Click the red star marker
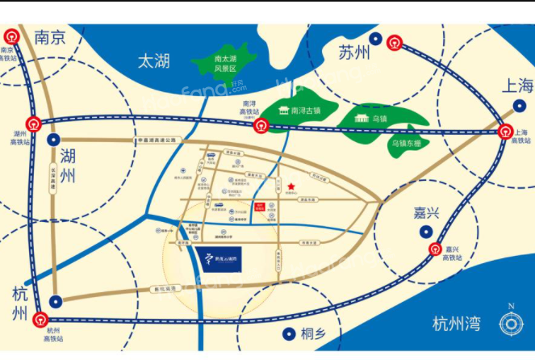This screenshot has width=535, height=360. tap(290, 189)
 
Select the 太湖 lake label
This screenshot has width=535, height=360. tap(155, 61)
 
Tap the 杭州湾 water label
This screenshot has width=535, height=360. tap(456, 324)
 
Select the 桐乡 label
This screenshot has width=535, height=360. tap(315, 333)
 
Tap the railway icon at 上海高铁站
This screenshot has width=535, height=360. tap(506, 133)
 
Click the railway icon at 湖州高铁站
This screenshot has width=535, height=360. tap(34, 123)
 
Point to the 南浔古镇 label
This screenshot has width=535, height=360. tap(307, 111)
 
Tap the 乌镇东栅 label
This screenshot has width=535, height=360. tap(408, 143)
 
